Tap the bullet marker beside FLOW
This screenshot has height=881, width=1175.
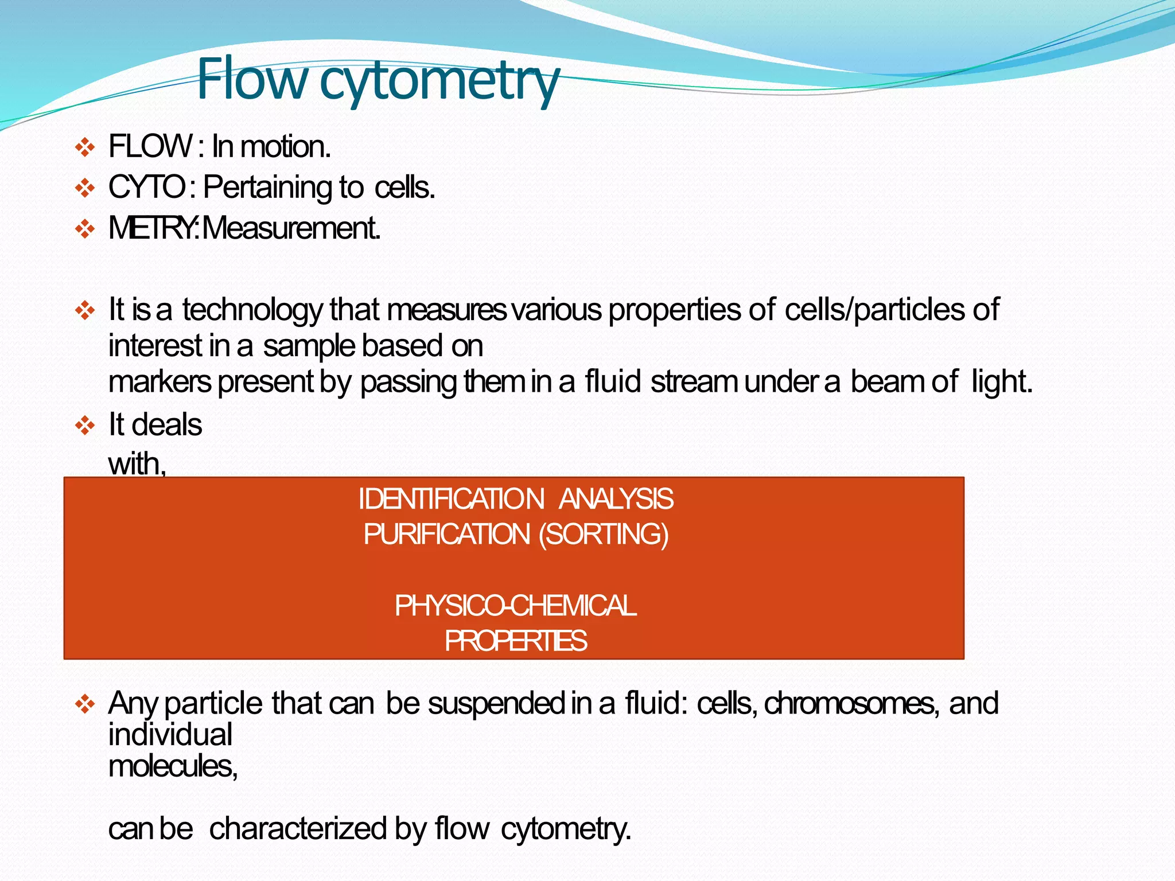point(85,147)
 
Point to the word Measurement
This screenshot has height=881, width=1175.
point(291,228)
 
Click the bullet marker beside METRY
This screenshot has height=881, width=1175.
point(85,229)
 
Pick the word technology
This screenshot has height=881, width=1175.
point(252,310)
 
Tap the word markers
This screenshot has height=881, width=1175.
point(159,382)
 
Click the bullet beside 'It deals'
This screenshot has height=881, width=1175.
point(85,426)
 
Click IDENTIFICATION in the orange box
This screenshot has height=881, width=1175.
point(451,499)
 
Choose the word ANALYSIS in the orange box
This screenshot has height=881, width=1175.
point(616,499)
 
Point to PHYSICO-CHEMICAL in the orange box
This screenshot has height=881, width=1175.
point(515,606)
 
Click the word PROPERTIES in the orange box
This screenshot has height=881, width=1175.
point(515,641)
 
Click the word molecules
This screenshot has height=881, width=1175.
point(172,766)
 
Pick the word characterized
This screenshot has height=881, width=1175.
point(298,829)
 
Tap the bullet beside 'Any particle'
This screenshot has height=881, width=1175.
point(85,704)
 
